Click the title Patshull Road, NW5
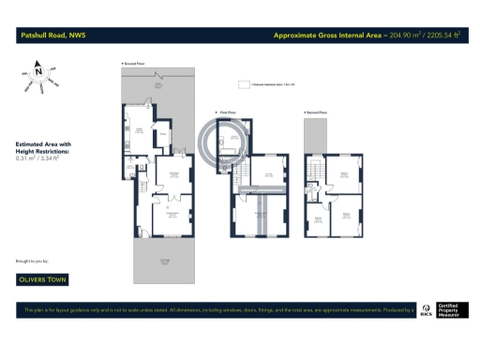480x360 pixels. tap(51, 37)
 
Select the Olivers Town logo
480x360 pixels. tap(43, 278)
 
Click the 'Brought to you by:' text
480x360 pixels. tap(34, 259)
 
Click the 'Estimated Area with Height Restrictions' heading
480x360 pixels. tap(43, 147)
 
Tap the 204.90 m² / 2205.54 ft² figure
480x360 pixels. tap(420, 37)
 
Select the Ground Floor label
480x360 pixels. tap(136, 64)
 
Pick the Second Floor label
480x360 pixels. tap(316, 113)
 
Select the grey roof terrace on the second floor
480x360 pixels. tap(315, 138)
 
